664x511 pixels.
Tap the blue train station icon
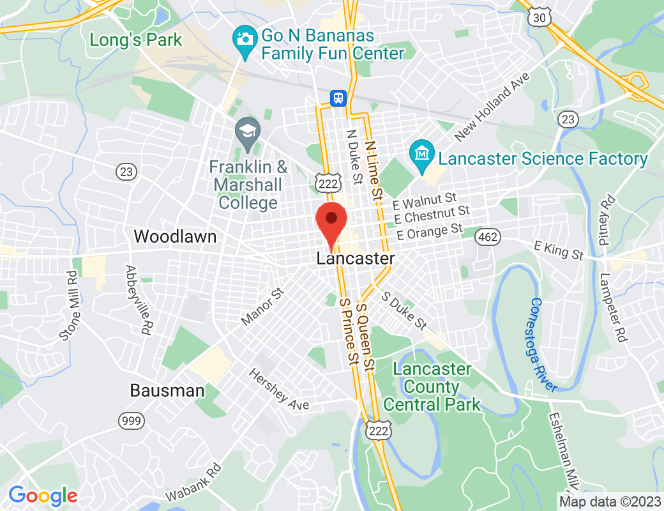(338, 97)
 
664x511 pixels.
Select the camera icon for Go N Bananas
(244, 38)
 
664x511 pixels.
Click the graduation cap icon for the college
(247, 132)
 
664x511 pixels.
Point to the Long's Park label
(136, 40)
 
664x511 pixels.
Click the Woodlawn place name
(175, 237)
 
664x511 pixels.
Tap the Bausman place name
(167, 390)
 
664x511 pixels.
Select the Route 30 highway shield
(539, 19)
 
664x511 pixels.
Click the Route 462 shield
(488, 238)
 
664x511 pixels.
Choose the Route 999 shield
(132, 420)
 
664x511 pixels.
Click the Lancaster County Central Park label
(432, 386)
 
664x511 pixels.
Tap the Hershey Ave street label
(279, 390)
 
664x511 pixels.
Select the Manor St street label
(262, 306)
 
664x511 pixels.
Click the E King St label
(559, 250)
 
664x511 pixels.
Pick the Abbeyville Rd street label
(140, 300)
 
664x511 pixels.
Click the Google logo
(43, 496)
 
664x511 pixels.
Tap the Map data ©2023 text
(609, 501)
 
